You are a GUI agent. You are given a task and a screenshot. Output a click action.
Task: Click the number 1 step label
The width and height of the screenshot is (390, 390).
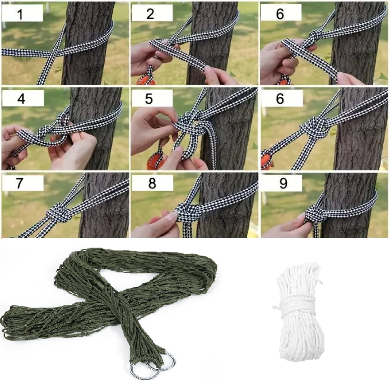(20, 14)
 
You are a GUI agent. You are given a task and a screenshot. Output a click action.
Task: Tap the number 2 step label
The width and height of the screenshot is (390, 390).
(150, 13)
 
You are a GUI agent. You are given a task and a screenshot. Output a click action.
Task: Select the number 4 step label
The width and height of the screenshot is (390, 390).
(21, 99)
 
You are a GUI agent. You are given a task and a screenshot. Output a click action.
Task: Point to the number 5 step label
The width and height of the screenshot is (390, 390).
(148, 99)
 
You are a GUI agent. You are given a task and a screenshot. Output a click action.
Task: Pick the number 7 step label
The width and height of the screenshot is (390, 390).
(20, 183)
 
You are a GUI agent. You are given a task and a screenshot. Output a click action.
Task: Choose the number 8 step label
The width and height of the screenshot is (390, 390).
(152, 183)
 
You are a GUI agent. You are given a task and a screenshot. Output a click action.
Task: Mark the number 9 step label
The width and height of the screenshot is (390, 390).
(284, 183)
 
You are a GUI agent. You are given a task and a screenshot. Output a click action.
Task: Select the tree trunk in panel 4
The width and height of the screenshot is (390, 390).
(96, 128)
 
